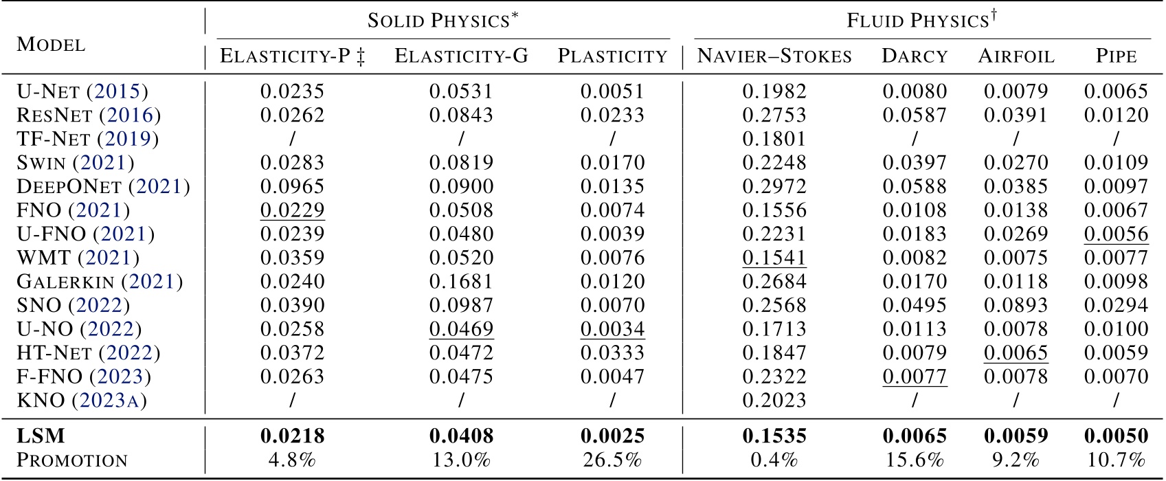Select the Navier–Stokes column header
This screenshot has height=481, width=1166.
pos(774,56)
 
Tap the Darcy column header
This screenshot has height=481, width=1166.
pos(915,56)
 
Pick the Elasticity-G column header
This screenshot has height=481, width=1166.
pos(461,56)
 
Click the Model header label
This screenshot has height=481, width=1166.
pos(52,45)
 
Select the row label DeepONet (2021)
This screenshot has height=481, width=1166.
pos(103,186)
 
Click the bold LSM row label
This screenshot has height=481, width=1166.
pos(41,436)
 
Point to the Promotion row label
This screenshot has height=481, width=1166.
pos(72,460)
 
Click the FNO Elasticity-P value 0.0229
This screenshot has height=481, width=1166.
pos(292,210)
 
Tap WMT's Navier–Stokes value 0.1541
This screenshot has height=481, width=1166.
pos(774,258)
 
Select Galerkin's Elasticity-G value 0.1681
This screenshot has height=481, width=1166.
pos(461,282)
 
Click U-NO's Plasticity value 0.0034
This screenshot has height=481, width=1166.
pos(612,329)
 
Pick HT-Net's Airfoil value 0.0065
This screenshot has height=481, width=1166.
pos(1016,353)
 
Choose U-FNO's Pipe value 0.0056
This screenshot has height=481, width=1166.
pos(1116,234)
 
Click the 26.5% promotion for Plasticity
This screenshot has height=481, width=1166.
pos(612,460)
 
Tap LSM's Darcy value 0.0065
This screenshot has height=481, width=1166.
pos(915,436)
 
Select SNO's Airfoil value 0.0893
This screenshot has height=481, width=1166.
pos(1016,305)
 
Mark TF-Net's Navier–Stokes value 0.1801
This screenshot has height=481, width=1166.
pos(774,139)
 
